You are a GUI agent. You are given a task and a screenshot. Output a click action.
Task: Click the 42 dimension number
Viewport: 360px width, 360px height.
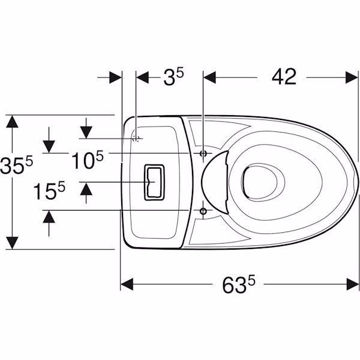click(284, 77)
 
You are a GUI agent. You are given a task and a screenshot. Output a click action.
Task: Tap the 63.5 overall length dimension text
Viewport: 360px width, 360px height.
click(239, 284)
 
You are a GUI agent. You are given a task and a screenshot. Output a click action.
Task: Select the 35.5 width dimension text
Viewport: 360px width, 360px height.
click(16, 164)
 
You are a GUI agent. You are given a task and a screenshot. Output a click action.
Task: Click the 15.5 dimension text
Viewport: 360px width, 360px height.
click(49, 191)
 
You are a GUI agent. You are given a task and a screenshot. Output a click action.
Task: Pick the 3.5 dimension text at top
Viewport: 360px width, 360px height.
click(173, 77)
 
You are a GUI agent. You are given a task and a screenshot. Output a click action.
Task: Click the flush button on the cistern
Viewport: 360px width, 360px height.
click(154, 182)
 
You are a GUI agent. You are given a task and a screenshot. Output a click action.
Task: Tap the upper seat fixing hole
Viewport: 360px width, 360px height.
click(203, 154)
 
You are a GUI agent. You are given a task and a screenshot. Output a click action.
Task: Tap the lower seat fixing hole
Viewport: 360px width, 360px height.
click(203, 211)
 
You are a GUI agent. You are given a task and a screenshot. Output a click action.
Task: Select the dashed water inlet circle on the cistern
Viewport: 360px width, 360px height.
click(136, 139)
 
